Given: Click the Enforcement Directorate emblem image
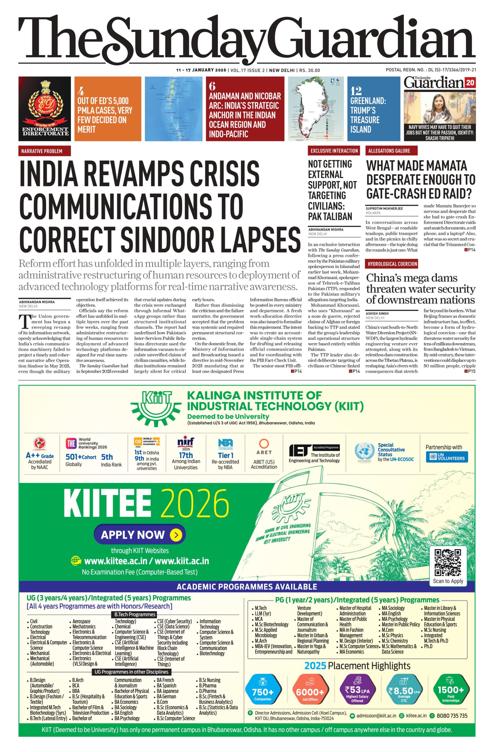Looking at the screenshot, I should coord(45,108).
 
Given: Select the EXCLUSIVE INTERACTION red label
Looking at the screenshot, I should coord(334,151).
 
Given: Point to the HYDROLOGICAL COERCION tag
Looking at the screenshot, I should coord(392,264).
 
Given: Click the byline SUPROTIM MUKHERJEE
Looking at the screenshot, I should coord(384,209).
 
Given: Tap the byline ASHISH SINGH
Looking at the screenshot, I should coord(377,313).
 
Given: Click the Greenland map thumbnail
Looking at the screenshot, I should coord(315,108).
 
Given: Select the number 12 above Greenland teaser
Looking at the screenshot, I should coord(356,91).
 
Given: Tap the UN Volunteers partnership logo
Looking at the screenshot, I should coord(447,457).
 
